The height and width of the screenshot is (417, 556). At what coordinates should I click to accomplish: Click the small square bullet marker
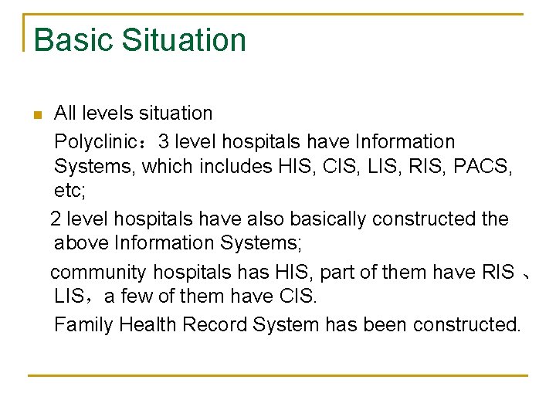pyautogui.click(x=36, y=116)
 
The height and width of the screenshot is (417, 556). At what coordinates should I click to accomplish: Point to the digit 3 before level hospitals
pyautogui.click(x=164, y=142)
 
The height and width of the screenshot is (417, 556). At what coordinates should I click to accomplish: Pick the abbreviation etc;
pyautogui.click(x=69, y=190)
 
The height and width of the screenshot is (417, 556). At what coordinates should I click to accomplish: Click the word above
pyautogui.click(x=81, y=243)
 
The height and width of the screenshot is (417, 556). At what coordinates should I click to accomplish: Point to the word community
pyautogui.click(x=99, y=273)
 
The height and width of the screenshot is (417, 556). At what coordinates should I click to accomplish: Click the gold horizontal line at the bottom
pyautogui.click(x=277, y=376)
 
